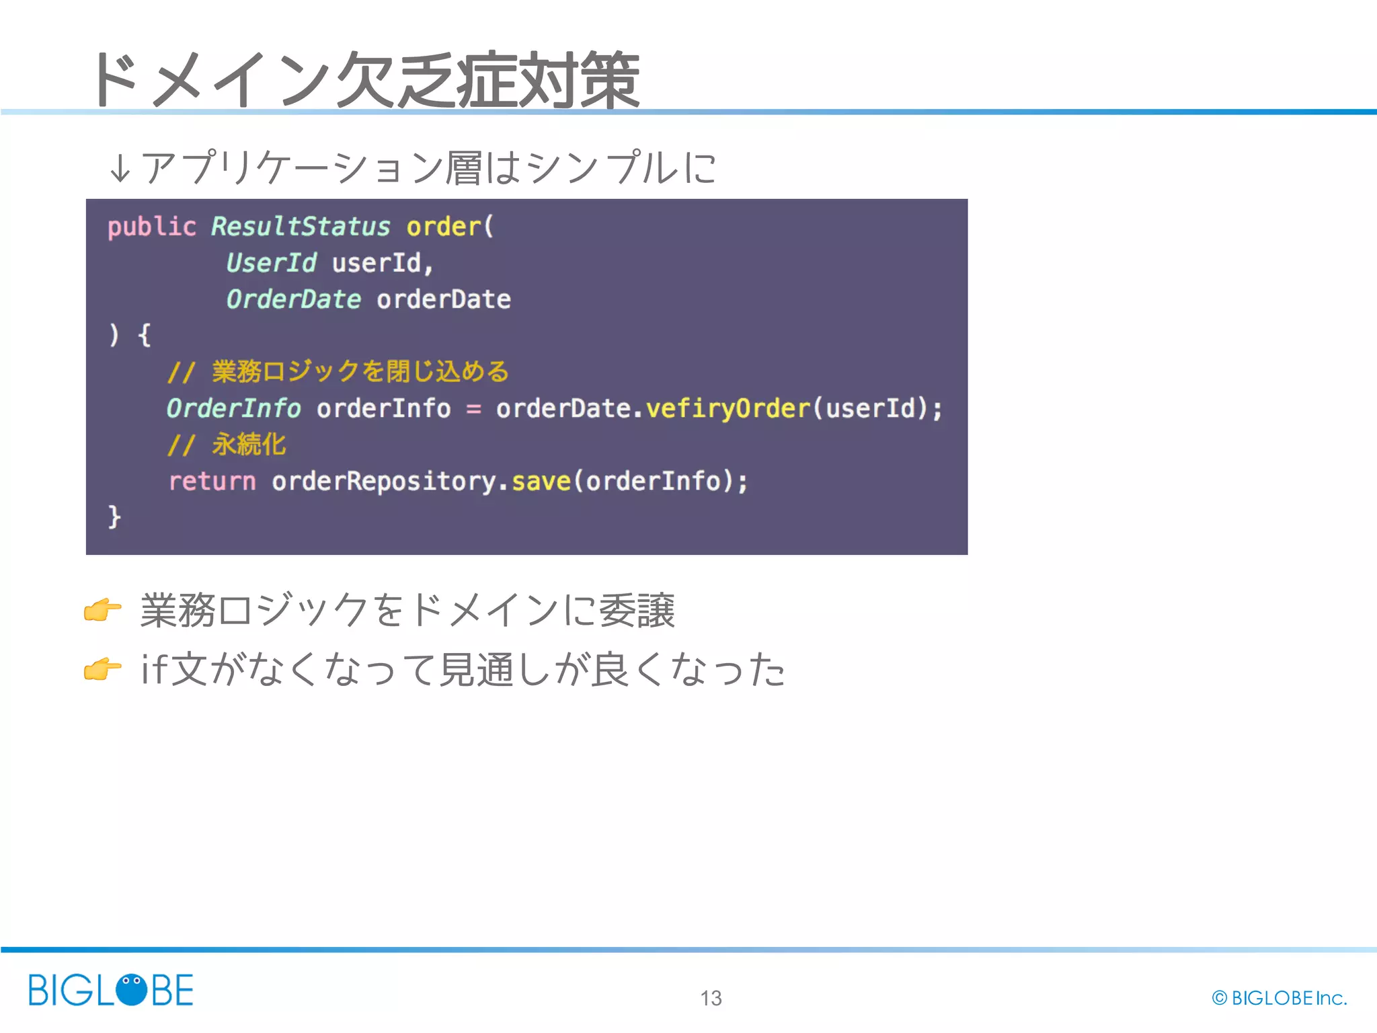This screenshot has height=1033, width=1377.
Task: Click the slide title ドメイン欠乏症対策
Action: [364, 79]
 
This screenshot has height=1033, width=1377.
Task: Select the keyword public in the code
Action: [151, 227]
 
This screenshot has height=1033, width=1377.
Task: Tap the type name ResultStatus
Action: [301, 227]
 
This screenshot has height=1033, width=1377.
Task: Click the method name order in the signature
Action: [444, 227]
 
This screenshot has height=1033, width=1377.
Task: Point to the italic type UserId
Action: [271, 263]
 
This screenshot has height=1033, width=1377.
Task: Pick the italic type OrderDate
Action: [293, 299]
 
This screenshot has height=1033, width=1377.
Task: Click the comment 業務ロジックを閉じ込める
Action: [360, 372]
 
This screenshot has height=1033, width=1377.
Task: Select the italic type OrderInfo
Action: [233, 408]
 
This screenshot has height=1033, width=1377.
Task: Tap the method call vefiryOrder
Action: [727, 408]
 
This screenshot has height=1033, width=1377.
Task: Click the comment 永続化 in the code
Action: [249, 445]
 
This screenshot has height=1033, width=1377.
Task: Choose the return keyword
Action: [212, 482]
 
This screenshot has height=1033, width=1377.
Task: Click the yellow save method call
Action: [541, 482]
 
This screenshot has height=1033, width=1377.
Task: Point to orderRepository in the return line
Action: [383, 482]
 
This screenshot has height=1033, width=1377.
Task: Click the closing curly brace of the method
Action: [114, 517]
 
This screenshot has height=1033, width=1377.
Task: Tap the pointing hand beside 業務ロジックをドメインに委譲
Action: [102, 610]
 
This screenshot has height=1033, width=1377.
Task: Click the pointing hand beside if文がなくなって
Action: [102, 669]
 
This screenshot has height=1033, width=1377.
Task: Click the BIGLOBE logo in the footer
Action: [111, 990]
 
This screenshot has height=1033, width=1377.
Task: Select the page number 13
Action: [711, 998]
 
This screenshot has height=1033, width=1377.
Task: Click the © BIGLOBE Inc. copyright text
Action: [1279, 998]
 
